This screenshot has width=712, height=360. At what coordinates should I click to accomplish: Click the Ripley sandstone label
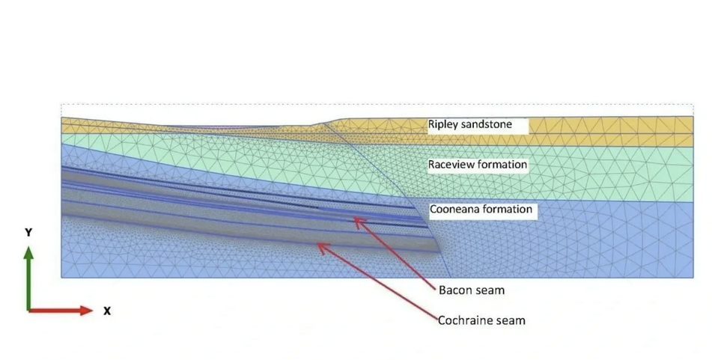tap(470, 125)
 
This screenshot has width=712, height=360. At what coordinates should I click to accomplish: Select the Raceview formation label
tap(478, 165)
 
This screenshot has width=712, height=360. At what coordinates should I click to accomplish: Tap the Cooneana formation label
tap(481, 210)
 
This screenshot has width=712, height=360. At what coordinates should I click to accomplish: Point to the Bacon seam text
tap(472, 290)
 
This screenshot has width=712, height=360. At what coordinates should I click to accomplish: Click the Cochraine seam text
tap(481, 320)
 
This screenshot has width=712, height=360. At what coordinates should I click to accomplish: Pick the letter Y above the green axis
tap(28, 233)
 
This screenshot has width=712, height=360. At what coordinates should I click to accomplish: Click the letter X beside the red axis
tap(107, 311)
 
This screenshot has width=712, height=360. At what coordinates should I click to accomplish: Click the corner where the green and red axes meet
tap(29, 310)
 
